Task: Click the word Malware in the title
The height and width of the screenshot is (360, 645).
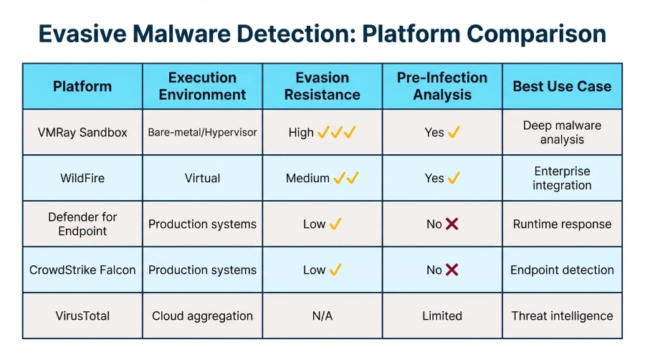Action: [x=181, y=34]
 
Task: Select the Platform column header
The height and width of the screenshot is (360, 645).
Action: [x=82, y=86]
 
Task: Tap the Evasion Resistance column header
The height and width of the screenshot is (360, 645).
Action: [x=322, y=86]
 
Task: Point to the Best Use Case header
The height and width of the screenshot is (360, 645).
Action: [x=562, y=86]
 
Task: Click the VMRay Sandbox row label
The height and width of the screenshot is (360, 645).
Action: [x=82, y=133]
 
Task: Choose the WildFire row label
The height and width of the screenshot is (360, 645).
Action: [x=82, y=178]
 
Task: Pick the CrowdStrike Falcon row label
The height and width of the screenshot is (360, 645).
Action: [x=82, y=270]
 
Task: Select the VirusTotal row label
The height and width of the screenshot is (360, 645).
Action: [x=82, y=316]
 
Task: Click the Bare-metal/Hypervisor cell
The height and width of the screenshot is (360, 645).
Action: [x=202, y=133]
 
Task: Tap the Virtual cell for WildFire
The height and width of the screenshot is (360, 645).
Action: [x=202, y=178]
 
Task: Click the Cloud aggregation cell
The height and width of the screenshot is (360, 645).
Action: [x=202, y=316]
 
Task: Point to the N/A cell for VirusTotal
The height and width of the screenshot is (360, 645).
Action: [x=322, y=316]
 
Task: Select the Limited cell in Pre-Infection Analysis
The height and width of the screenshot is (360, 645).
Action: [x=442, y=316]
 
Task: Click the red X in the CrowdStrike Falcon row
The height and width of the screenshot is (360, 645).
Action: [x=451, y=270]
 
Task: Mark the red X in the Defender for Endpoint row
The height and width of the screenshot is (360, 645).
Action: [x=451, y=224]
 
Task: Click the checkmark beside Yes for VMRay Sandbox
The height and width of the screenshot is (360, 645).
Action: [x=454, y=133]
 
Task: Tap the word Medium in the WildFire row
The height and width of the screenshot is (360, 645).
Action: [x=307, y=178]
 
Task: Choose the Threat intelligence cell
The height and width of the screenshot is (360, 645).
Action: [x=562, y=316]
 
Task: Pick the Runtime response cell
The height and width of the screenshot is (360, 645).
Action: [x=562, y=224]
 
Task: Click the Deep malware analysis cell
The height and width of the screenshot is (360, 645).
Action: [x=562, y=133]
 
